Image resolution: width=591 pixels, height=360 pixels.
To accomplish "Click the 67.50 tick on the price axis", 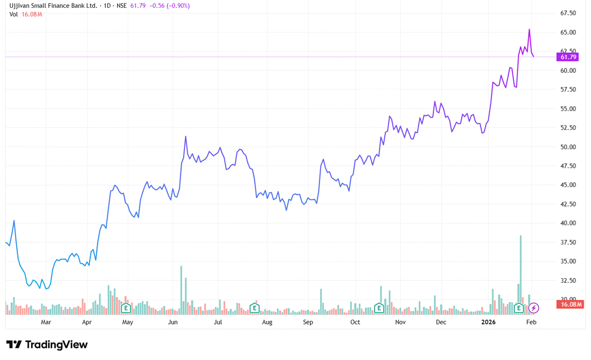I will tap(568, 13).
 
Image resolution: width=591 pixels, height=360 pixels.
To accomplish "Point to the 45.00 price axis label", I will tap(568, 185).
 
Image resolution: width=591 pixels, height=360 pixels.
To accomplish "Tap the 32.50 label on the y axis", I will tap(568, 280).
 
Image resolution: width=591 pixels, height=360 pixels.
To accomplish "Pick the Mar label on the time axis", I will tap(46, 322).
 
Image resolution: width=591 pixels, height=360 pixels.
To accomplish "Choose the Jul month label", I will tap(218, 322).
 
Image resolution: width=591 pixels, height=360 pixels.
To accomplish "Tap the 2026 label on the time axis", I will tap(488, 322).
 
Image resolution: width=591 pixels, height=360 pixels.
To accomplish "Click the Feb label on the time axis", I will tap(531, 322).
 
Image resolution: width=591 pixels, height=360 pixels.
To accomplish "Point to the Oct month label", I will tap(355, 322).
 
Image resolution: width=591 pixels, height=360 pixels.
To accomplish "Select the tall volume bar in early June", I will tap(181, 289).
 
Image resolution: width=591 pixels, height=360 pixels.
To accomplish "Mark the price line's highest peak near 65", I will tap(529, 30).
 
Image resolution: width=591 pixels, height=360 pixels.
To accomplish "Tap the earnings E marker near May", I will tap(126, 308).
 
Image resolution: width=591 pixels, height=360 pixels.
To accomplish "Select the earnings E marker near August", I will tap(254, 308).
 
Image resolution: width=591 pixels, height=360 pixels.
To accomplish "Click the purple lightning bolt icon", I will tap(534, 308).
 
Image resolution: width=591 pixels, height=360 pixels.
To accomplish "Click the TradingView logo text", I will tap(56, 345).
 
